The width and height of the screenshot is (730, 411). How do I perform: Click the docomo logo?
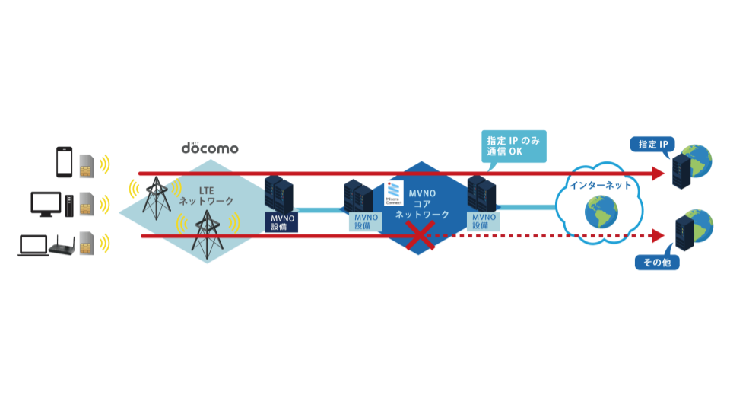point(209,148)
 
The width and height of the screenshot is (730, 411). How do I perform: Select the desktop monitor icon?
point(46,204)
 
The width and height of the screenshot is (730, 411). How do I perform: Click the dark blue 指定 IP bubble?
point(651,145)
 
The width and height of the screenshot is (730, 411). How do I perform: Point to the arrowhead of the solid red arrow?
point(659,174)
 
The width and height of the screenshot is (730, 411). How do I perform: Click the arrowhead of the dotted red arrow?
point(659,236)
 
